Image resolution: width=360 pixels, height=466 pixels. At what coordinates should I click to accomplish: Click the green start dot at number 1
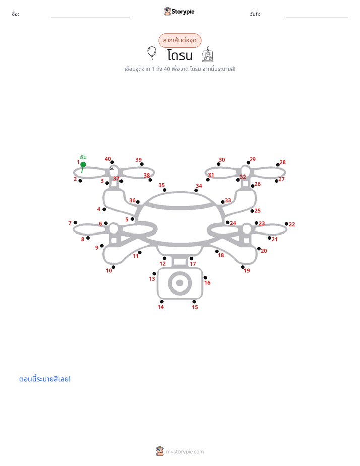[83, 164]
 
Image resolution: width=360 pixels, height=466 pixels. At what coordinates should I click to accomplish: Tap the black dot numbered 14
[161, 302]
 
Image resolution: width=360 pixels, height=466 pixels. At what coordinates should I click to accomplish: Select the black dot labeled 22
[286, 224]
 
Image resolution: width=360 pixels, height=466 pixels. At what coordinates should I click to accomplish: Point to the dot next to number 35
[164, 190]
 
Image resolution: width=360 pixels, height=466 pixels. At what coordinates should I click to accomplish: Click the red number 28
[283, 162]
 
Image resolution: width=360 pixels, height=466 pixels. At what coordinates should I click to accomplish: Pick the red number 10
[109, 271]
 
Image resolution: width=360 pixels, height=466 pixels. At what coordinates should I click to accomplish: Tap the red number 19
[247, 271]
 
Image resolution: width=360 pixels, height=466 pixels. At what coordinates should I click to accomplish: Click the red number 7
[70, 223]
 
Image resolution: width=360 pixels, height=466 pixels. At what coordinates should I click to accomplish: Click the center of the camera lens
[179, 283]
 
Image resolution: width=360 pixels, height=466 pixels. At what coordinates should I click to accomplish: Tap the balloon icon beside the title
[152, 53]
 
